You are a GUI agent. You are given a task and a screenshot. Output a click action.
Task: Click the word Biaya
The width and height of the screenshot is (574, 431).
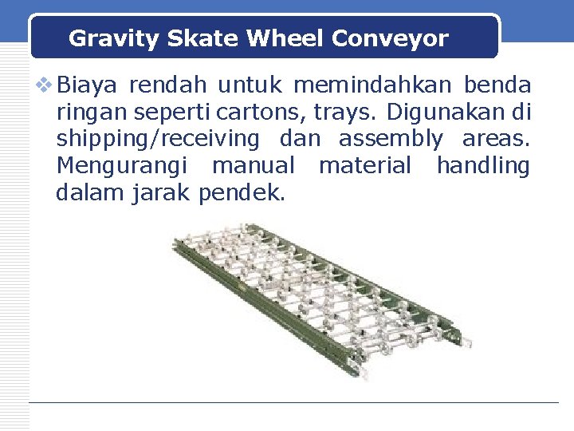coord(88,85)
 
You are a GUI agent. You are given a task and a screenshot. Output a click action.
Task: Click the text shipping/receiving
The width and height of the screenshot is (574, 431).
coord(158,140)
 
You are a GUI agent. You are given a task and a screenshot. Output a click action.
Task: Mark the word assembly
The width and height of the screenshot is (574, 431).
coord(391,140)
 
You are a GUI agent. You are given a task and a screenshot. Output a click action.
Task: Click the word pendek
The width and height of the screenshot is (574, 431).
coord(242,192)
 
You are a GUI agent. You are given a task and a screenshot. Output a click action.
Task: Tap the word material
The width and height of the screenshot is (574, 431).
coord(365,166)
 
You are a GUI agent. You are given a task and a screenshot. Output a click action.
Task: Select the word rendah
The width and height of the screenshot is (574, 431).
coord(168,85)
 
